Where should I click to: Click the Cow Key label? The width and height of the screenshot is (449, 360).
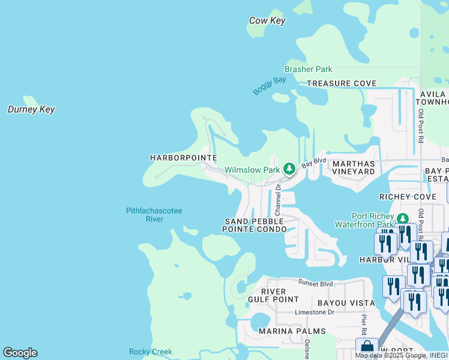click(267, 21)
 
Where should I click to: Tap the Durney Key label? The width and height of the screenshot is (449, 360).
click(31, 109)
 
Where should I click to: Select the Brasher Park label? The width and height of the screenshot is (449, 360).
click(309, 70)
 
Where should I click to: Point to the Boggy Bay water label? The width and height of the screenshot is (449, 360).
click(269, 85)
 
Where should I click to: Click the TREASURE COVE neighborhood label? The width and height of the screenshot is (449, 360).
click(342, 83)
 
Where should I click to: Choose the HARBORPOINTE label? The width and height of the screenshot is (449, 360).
click(183, 157)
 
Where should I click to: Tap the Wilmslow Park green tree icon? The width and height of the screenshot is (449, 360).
click(289, 170)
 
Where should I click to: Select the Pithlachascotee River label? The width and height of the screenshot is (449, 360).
click(154, 215)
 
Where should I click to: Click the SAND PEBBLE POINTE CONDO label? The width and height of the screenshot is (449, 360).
click(253, 226)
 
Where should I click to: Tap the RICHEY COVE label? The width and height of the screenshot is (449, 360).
click(408, 197)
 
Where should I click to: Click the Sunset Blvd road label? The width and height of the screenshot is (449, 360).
click(316, 281)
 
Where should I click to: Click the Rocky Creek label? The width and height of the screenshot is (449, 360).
click(151, 352)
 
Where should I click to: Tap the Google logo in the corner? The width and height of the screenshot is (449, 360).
click(20, 353)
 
